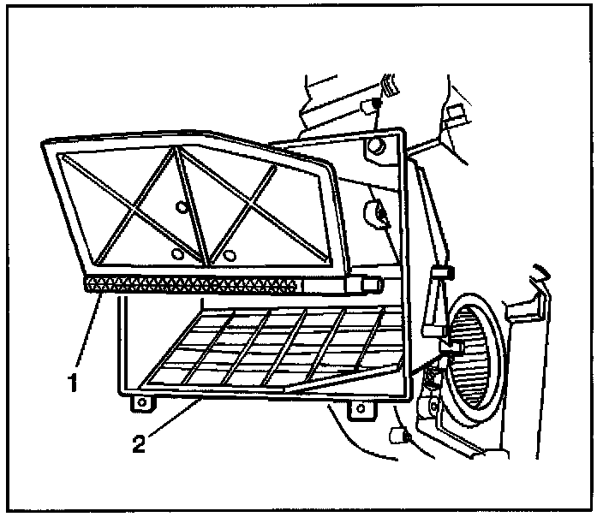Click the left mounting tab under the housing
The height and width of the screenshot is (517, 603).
click(138, 401)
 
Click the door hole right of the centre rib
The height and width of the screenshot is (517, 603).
click(228, 253)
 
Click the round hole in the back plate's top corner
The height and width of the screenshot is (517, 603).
click(373, 150)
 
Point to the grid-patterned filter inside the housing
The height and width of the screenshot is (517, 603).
click(274, 347)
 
